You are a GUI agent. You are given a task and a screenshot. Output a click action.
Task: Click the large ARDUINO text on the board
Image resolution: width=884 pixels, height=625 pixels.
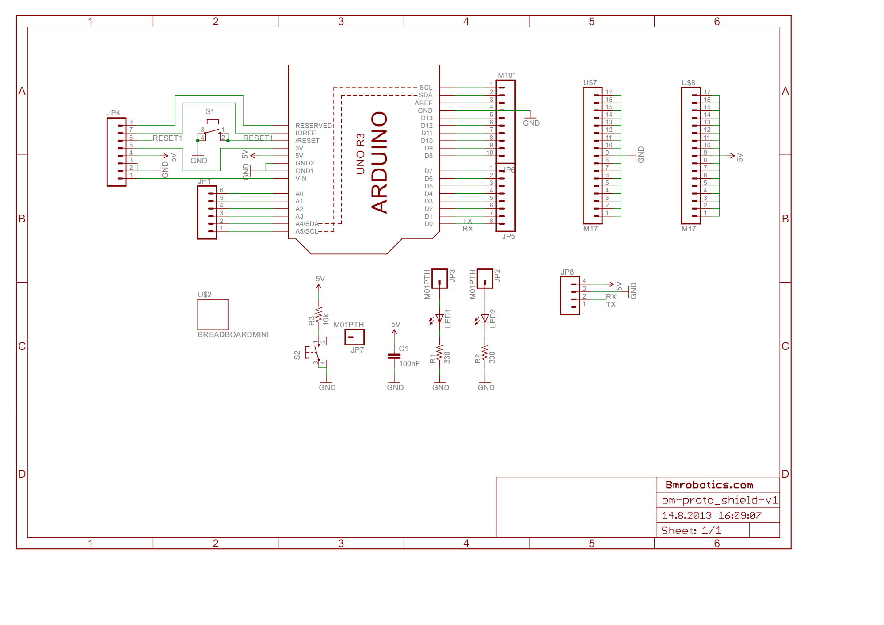coord(379,162)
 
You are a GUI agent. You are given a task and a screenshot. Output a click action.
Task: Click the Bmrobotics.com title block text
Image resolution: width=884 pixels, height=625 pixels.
coord(709,485)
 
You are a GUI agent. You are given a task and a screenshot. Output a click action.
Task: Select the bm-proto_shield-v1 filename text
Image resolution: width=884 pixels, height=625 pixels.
coord(719,500)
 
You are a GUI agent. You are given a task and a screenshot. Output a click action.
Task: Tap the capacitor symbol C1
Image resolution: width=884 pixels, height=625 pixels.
coord(394,356)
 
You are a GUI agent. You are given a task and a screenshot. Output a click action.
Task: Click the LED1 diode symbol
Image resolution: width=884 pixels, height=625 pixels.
coord(439,318)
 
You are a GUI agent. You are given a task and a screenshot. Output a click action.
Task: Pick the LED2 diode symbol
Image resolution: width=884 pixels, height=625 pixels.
coord(485,318)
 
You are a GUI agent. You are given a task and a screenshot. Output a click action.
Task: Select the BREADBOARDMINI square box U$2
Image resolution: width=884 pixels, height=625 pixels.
coord(213,314)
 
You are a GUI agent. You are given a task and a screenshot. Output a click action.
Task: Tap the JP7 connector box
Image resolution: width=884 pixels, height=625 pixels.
coord(354,337)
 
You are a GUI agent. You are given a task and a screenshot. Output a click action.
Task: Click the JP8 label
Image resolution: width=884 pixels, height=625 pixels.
coord(567,272)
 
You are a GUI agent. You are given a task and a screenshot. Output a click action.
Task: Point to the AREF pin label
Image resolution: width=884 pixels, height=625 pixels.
coord(423,103)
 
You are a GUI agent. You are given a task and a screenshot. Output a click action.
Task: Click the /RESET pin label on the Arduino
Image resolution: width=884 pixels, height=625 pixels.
coord(307,141)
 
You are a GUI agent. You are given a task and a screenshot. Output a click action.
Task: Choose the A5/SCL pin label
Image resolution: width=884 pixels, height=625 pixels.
coord(306,231)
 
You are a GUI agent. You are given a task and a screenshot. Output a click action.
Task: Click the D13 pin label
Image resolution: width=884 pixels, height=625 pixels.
coord(427,118)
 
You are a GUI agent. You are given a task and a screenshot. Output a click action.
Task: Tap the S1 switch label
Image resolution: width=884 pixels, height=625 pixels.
coord(210,111)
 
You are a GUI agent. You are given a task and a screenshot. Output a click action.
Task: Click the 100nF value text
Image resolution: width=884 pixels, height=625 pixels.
coord(409,364)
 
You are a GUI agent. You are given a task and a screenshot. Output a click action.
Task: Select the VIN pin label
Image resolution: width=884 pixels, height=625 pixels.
coord(301,179)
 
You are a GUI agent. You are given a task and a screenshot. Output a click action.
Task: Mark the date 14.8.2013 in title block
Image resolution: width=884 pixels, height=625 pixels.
coord(686,515)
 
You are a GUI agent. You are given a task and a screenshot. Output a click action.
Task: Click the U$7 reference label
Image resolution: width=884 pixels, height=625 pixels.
coord(590,83)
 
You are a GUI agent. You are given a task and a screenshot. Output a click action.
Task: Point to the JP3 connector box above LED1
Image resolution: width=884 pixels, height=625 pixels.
coord(439,279)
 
